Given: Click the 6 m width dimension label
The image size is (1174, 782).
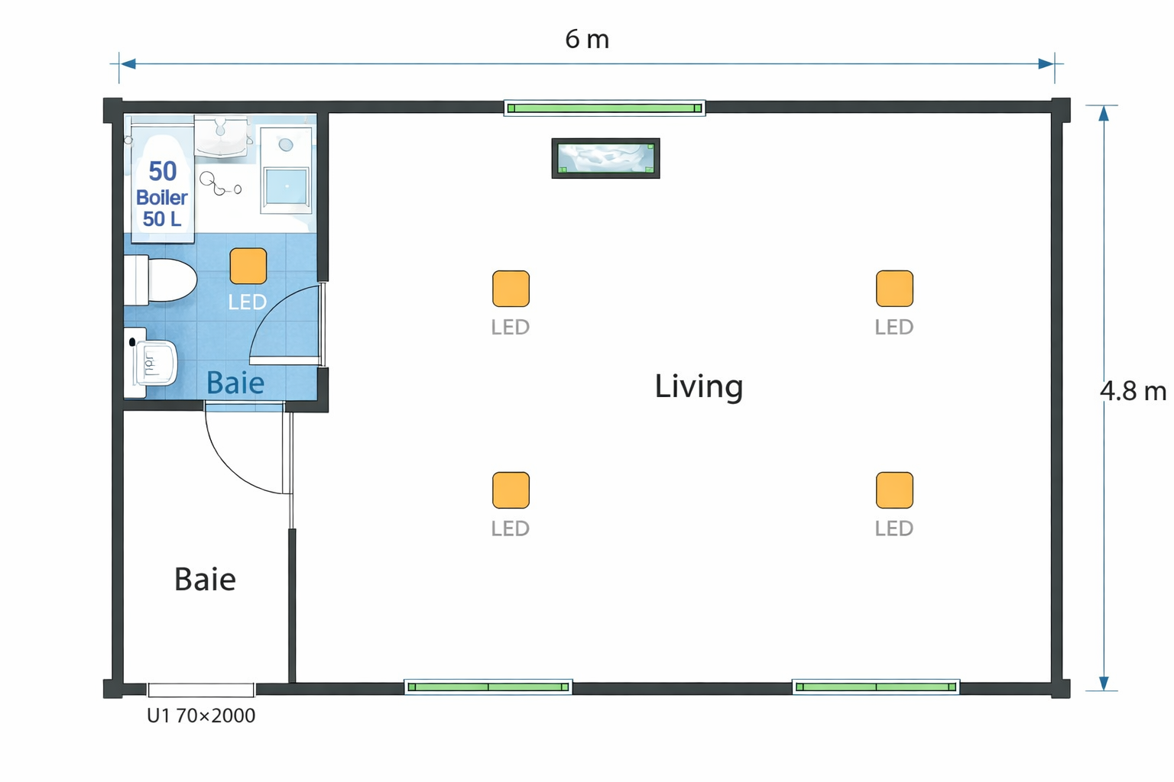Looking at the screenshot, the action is [587, 39].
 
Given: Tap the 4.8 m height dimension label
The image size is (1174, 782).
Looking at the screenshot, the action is [1133, 391].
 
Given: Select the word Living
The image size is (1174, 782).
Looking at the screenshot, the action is [699, 386].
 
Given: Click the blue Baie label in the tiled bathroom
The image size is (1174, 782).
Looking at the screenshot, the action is [235, 383].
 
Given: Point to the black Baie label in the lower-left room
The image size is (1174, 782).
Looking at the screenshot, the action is [205, 579].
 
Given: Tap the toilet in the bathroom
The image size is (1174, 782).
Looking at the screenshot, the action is [161, 280].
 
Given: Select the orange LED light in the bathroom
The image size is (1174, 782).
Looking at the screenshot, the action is [248, 266].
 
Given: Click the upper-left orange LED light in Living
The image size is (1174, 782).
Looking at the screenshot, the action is [511, 289].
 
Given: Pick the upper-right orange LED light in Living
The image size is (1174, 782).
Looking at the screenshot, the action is [895, 289].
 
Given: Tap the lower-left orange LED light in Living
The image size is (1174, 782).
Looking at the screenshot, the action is [511, 490].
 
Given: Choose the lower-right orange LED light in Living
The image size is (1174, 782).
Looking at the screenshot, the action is [895, 490].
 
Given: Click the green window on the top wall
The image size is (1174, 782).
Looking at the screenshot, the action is [605, 108].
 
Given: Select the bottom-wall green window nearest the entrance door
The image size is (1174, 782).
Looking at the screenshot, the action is [488, 687].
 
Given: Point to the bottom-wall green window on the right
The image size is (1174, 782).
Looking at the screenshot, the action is [876, 687].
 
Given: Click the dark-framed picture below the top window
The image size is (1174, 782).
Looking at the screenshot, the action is [606, 158].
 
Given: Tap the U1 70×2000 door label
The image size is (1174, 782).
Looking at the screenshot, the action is [201, 716].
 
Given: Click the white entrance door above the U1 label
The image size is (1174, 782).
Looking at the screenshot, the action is [201, 690].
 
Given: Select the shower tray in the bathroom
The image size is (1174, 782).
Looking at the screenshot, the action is [286, 170].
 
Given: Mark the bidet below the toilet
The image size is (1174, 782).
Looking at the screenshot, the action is [151, 362].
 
